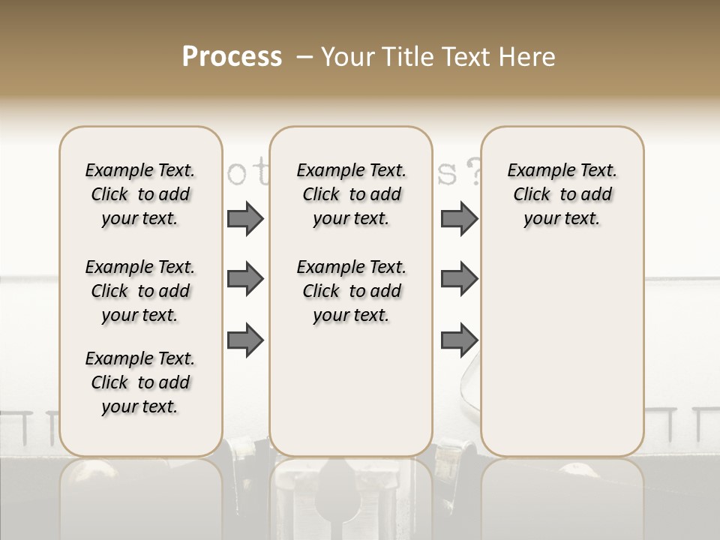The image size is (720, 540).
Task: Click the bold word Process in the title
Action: pos(232,57)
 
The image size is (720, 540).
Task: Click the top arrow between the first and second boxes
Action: pos(245,219)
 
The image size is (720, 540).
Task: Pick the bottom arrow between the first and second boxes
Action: pos(245,340)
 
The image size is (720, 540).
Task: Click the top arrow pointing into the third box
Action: pos(459,219)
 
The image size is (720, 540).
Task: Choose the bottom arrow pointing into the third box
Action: pos(459,340)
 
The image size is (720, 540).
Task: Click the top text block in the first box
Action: pos(139,195)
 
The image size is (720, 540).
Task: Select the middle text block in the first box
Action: pos(139,291)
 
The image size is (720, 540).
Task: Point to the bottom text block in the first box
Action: pos(139,382)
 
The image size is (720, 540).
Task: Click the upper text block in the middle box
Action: pos(351,195)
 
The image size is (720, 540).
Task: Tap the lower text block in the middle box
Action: pos(351,291)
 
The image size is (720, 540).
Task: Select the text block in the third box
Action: pos(562,195)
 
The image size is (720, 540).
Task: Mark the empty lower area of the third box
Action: pos(562,352)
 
